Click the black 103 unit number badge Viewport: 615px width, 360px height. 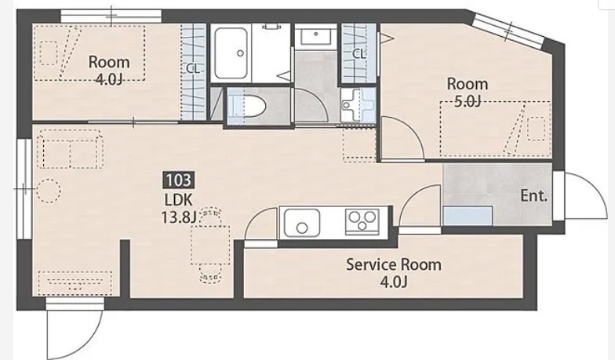coord(179,180)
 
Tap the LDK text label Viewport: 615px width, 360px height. coord(179,200)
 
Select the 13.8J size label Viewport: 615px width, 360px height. coord(179,216)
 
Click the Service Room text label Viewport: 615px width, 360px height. coord(394,265)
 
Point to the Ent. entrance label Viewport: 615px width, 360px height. coord(533,196)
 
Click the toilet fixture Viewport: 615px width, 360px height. coord(247,106)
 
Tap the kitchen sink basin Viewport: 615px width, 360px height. coord(301,223)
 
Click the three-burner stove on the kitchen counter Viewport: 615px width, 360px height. coord(362,222)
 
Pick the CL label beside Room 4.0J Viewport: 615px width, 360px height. coord(193,69)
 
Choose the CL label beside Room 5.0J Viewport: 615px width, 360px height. coord(359,53)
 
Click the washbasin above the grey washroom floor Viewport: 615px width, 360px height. coord(315,37)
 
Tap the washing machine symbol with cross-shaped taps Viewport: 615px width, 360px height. coord(358,105)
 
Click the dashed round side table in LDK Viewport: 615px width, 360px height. coord(49,191)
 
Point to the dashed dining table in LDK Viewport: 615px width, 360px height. coord(210,245)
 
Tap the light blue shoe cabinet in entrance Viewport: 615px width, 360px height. coord(468,216)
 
